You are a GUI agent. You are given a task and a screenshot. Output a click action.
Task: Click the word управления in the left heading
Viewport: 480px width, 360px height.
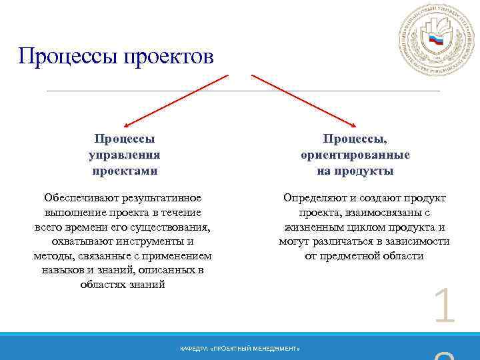tap(124, 155)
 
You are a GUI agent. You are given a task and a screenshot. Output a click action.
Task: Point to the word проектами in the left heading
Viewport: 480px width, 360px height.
tap(124, 171)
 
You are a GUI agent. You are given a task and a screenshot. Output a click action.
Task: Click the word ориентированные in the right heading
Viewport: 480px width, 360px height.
tap(355, 155)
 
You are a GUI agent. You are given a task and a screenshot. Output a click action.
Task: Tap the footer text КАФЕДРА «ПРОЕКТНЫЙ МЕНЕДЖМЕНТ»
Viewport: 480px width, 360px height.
tap(240, 349)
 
